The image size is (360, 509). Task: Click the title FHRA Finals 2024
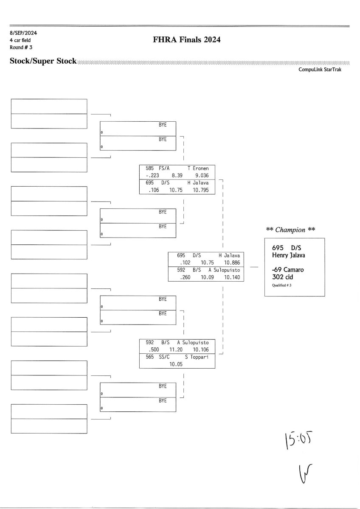[187, 40]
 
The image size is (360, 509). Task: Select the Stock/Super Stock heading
[43, 62]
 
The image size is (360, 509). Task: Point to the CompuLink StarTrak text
[323, 70]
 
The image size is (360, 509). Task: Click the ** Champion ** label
[290, 230]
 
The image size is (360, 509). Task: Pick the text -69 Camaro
[288, 269]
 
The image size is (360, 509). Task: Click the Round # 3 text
[21, 47]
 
